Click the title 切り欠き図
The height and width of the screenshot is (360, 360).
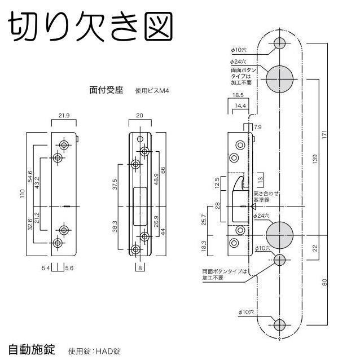(x=90, y=25)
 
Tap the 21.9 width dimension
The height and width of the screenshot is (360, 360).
(x=63, y=116)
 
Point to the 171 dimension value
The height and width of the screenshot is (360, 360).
(x=324, y=136)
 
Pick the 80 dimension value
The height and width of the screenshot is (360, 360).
(x=324, y=282)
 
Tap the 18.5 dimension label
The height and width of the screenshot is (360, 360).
(x=238, y=96)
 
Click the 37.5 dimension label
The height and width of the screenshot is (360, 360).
(x=115, y=185)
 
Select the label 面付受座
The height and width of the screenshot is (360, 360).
(x=106, y=89)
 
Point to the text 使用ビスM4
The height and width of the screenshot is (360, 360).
(x=152, y=90)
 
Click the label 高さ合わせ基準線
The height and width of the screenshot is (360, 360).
(x=264, y=197)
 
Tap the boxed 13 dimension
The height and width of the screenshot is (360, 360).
(x=260, y=180)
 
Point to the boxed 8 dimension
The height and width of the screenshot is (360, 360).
(x=139, y=267)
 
